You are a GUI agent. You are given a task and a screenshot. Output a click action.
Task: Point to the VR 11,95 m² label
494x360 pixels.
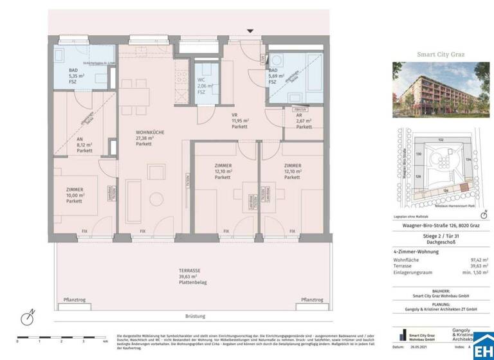[222, 122]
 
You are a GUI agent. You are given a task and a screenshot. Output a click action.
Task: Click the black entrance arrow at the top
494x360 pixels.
[250, 31]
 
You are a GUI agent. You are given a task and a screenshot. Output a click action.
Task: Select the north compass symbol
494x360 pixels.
[28, 317]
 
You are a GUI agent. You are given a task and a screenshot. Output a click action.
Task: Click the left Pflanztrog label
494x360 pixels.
[75, 300]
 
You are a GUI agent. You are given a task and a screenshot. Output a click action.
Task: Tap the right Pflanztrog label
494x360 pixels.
[312, 300]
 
